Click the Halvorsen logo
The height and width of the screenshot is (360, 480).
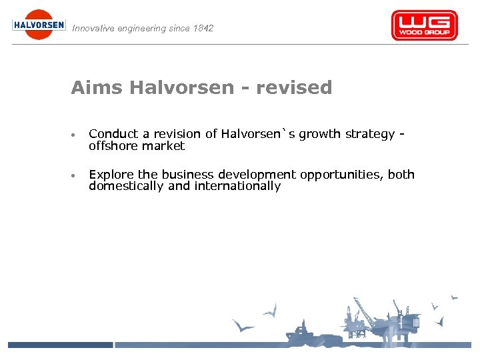click(x=39, y=25)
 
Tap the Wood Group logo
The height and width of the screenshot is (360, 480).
click(x=424, y=25)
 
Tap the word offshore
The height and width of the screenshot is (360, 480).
click(x=113, y=145)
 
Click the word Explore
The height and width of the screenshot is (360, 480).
click(x=111, y=175)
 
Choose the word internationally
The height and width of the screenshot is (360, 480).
click(x=237, y=186)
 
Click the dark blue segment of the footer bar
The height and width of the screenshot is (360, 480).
click(x=60, y=345)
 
